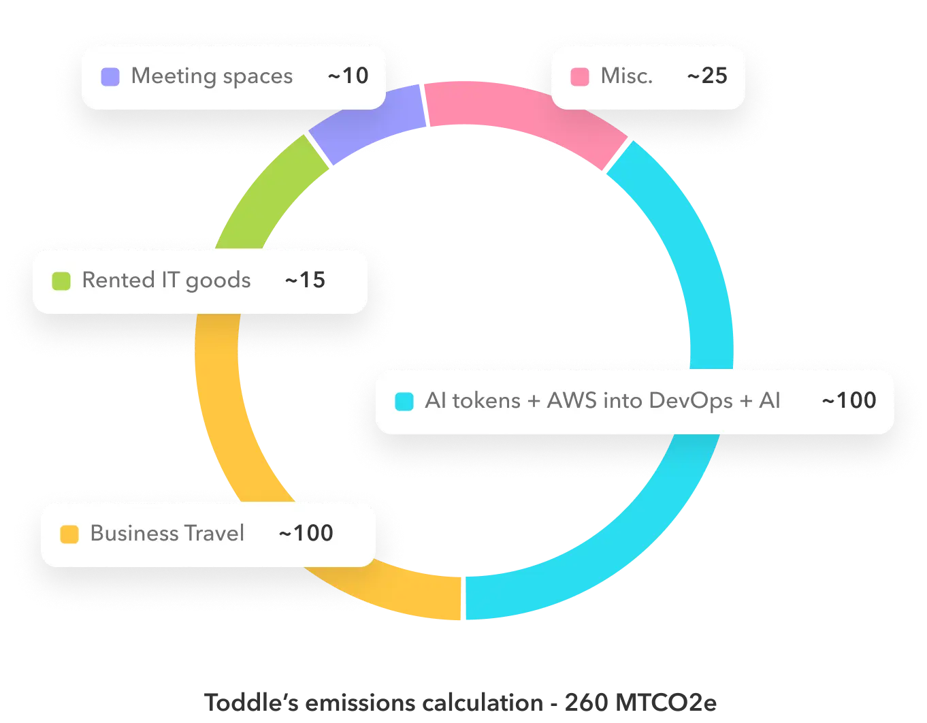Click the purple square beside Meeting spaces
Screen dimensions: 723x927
click(110, 76)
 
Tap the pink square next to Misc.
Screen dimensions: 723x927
click(580, 76)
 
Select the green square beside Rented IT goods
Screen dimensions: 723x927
click(61, 280)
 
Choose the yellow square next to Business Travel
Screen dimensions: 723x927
click(69, 534)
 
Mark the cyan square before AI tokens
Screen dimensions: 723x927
click(404, 401)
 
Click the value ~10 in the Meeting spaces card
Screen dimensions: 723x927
click(348, 76)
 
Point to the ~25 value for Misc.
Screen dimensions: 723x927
click(707, 76)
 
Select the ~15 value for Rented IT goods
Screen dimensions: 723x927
click(305, 280)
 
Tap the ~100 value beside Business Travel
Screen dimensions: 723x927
click(306, 533)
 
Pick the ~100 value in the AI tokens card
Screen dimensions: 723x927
click(849, 400)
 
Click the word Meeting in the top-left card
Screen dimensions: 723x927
click(174, 76)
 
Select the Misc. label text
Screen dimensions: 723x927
click(626, 76)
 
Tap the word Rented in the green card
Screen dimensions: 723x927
click(118, 280)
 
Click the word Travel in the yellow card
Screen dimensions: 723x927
click(214, 533)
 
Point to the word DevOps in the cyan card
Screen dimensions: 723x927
click(691, 401)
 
